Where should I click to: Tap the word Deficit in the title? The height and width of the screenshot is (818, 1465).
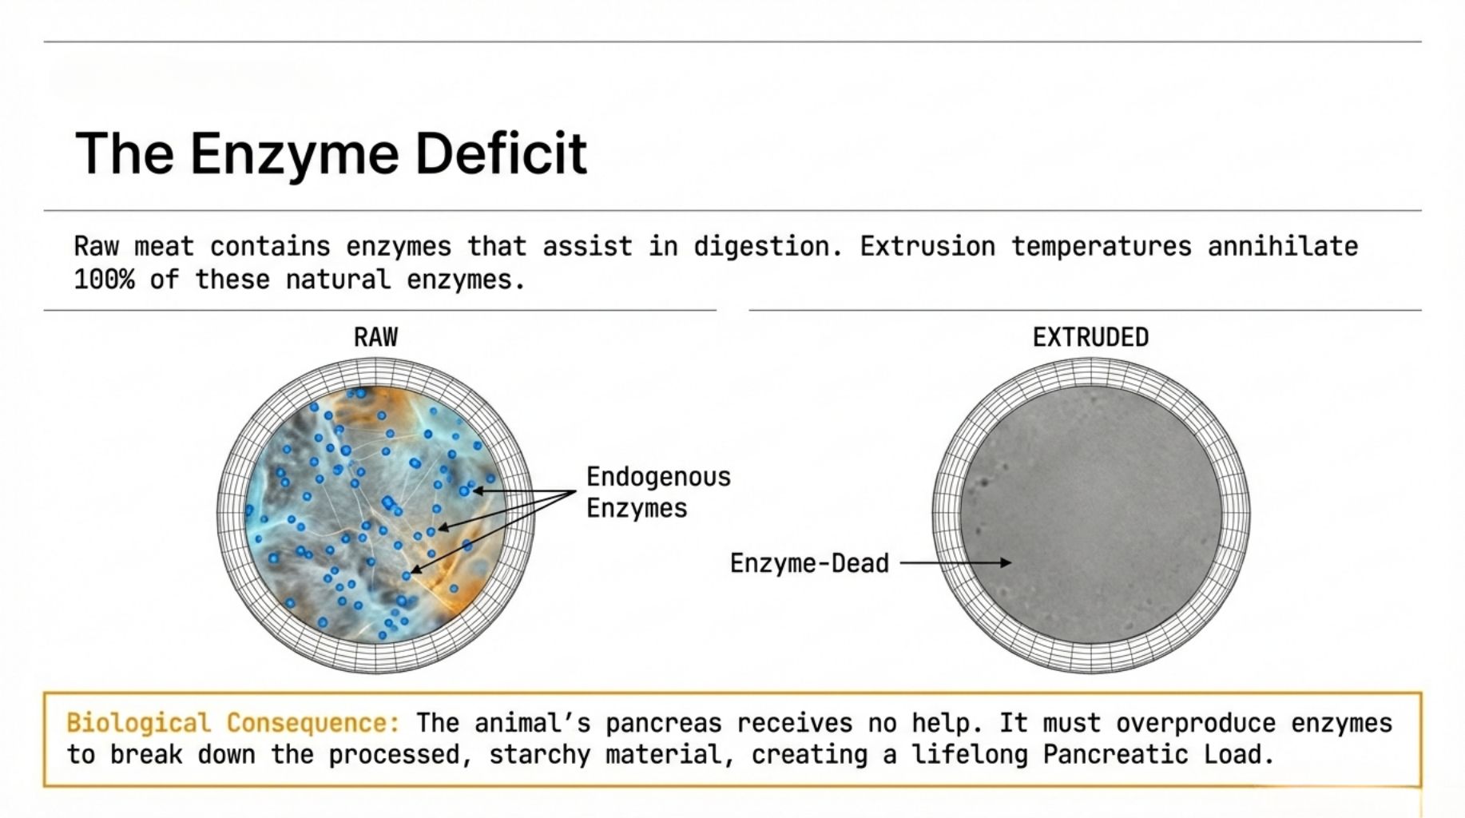(x=501, y=152)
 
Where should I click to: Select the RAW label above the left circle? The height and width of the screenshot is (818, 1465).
(x=375, y=337)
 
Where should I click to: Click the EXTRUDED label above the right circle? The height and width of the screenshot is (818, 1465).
(x=1090, y=337)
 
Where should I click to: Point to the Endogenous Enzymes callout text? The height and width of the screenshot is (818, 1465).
(x=658, y=492)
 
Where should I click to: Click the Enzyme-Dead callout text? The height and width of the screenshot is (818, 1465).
(x=809, y=563)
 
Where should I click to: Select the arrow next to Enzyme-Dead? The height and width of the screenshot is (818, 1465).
(x=955, y=562)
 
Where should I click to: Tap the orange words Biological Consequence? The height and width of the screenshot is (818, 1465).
(x=232, y=723)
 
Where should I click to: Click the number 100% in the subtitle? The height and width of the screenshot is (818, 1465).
(x=104, y=280)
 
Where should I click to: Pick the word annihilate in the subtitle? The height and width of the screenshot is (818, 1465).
(x=1283, y=246)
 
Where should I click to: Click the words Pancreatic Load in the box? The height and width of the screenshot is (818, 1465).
(x=1157, y=754)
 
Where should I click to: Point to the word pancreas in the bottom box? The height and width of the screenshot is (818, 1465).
(x=663, y=724)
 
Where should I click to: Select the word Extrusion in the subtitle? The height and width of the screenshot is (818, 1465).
(x=927, y=246)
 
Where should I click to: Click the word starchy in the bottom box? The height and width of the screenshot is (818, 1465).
(x=539, y=755)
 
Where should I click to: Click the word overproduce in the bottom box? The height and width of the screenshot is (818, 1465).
(x=1195, y=724)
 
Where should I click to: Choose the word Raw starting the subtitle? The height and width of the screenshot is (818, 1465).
(x=96, y=246)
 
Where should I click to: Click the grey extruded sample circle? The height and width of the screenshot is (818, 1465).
(x=1091, y=515)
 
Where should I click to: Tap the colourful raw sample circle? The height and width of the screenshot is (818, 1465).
(x=375, y=515)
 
